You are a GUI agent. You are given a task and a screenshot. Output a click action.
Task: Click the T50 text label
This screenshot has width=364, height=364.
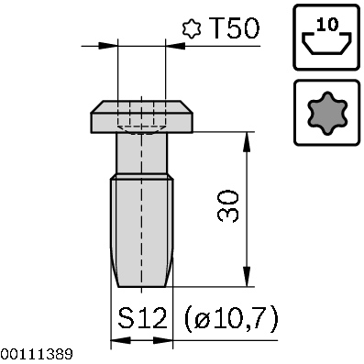click(233, 28)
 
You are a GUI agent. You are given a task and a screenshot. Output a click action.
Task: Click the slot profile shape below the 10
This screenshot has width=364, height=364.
click(327, 44)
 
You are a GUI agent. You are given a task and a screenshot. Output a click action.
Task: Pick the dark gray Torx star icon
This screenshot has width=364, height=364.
click(327, 111)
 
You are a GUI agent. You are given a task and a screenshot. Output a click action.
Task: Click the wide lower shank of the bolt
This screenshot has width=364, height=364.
click(142, 220)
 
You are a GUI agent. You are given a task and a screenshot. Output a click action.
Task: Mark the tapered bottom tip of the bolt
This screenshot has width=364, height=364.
click(142, 277)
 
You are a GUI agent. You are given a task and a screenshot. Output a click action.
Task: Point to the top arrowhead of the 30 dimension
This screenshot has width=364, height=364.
click(246, 139)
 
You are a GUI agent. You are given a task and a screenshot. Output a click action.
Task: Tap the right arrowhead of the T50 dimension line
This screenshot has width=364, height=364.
click(170, 43)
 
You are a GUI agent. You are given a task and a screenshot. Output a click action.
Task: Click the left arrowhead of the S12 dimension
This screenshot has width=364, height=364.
click(116, 341)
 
